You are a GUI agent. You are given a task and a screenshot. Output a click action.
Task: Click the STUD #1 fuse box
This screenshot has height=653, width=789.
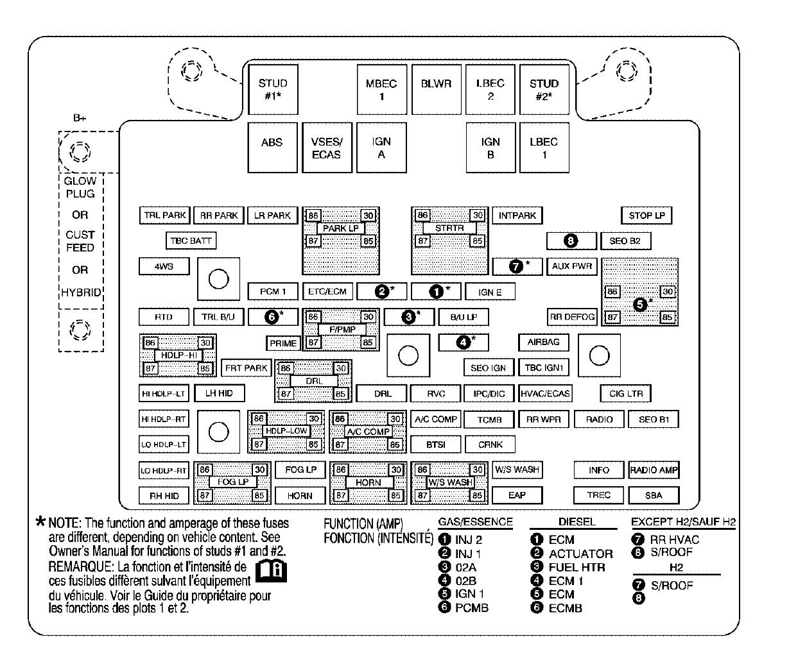273,90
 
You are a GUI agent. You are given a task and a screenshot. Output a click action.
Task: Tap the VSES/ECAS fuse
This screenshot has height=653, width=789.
326,148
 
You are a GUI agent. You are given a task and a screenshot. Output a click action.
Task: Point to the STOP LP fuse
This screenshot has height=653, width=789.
646,216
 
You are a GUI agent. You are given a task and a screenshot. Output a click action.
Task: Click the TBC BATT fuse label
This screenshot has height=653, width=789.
191,241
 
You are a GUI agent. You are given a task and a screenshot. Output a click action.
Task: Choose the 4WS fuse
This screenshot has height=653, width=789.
164,266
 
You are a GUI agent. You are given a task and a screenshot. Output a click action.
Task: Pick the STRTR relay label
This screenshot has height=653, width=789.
449,228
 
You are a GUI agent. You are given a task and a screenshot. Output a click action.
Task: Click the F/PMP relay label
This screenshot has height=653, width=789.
341,330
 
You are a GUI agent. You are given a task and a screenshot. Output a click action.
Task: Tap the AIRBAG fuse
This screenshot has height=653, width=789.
543,343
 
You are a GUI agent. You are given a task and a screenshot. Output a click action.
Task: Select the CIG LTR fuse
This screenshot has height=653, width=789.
626,393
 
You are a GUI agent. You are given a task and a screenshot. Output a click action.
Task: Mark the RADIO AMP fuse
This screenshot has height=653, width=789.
654,470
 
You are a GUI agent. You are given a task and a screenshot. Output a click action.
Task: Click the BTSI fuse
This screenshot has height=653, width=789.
435,444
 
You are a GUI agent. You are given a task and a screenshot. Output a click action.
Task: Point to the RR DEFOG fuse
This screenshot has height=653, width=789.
571,317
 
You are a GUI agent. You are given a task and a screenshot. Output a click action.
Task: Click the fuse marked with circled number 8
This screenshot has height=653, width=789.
571,241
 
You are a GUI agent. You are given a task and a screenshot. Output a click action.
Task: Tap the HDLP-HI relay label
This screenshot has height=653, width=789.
178,355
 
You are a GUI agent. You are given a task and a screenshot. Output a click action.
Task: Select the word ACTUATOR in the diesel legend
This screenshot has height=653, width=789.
580,554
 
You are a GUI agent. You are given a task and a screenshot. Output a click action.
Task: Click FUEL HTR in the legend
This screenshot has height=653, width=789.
577,567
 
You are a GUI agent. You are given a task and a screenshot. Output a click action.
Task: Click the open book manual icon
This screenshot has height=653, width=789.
273,570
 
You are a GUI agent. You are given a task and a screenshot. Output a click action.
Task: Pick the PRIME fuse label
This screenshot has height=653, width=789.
283,343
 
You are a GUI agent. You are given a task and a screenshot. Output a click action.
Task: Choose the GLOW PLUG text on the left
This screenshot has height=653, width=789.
80,187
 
